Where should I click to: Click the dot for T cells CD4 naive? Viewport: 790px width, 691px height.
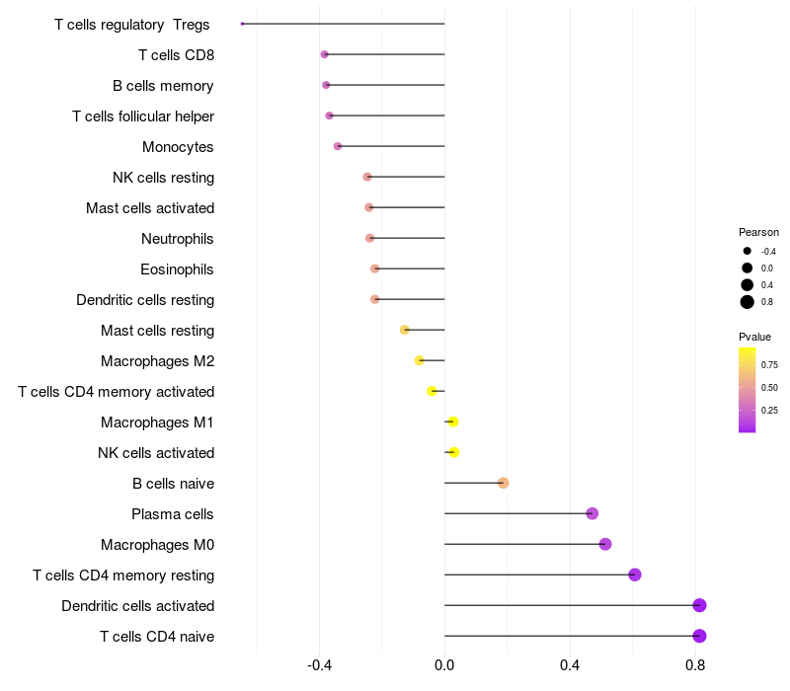tap(699, 636)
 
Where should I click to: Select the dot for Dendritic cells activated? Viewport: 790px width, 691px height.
tap(699, 605)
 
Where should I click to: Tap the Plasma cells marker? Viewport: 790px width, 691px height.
tap(592, 513)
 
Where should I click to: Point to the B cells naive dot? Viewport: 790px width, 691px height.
tap(503, 483)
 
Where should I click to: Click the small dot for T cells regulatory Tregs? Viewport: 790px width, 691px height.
tap(242, 24)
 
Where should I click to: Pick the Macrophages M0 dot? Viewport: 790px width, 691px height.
tap(605, 544)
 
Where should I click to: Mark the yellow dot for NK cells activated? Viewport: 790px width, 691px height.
tap(453, 452)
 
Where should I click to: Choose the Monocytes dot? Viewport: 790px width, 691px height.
tap(338, 146)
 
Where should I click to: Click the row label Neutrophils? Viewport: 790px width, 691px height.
tap(178, 239)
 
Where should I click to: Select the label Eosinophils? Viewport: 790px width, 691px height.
tap(177, 269)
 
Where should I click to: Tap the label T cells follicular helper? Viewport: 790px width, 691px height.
tap(143, 116)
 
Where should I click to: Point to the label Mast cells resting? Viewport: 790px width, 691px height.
tap(157, 331)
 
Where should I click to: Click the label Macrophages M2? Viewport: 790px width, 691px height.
tap(157, 361)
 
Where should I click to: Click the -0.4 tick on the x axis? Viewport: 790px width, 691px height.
tap(319, 666)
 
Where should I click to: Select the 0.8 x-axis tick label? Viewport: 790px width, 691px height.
tap(695, 666)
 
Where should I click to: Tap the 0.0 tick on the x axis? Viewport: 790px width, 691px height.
tap(444, 666)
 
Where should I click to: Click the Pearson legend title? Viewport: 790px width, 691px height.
tap(758, 232)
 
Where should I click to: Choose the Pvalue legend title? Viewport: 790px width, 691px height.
tap(754, 337)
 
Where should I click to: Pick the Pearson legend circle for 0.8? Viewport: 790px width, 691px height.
tap(748, 302)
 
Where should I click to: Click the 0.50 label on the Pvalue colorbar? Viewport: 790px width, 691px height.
tap(769, 388)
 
